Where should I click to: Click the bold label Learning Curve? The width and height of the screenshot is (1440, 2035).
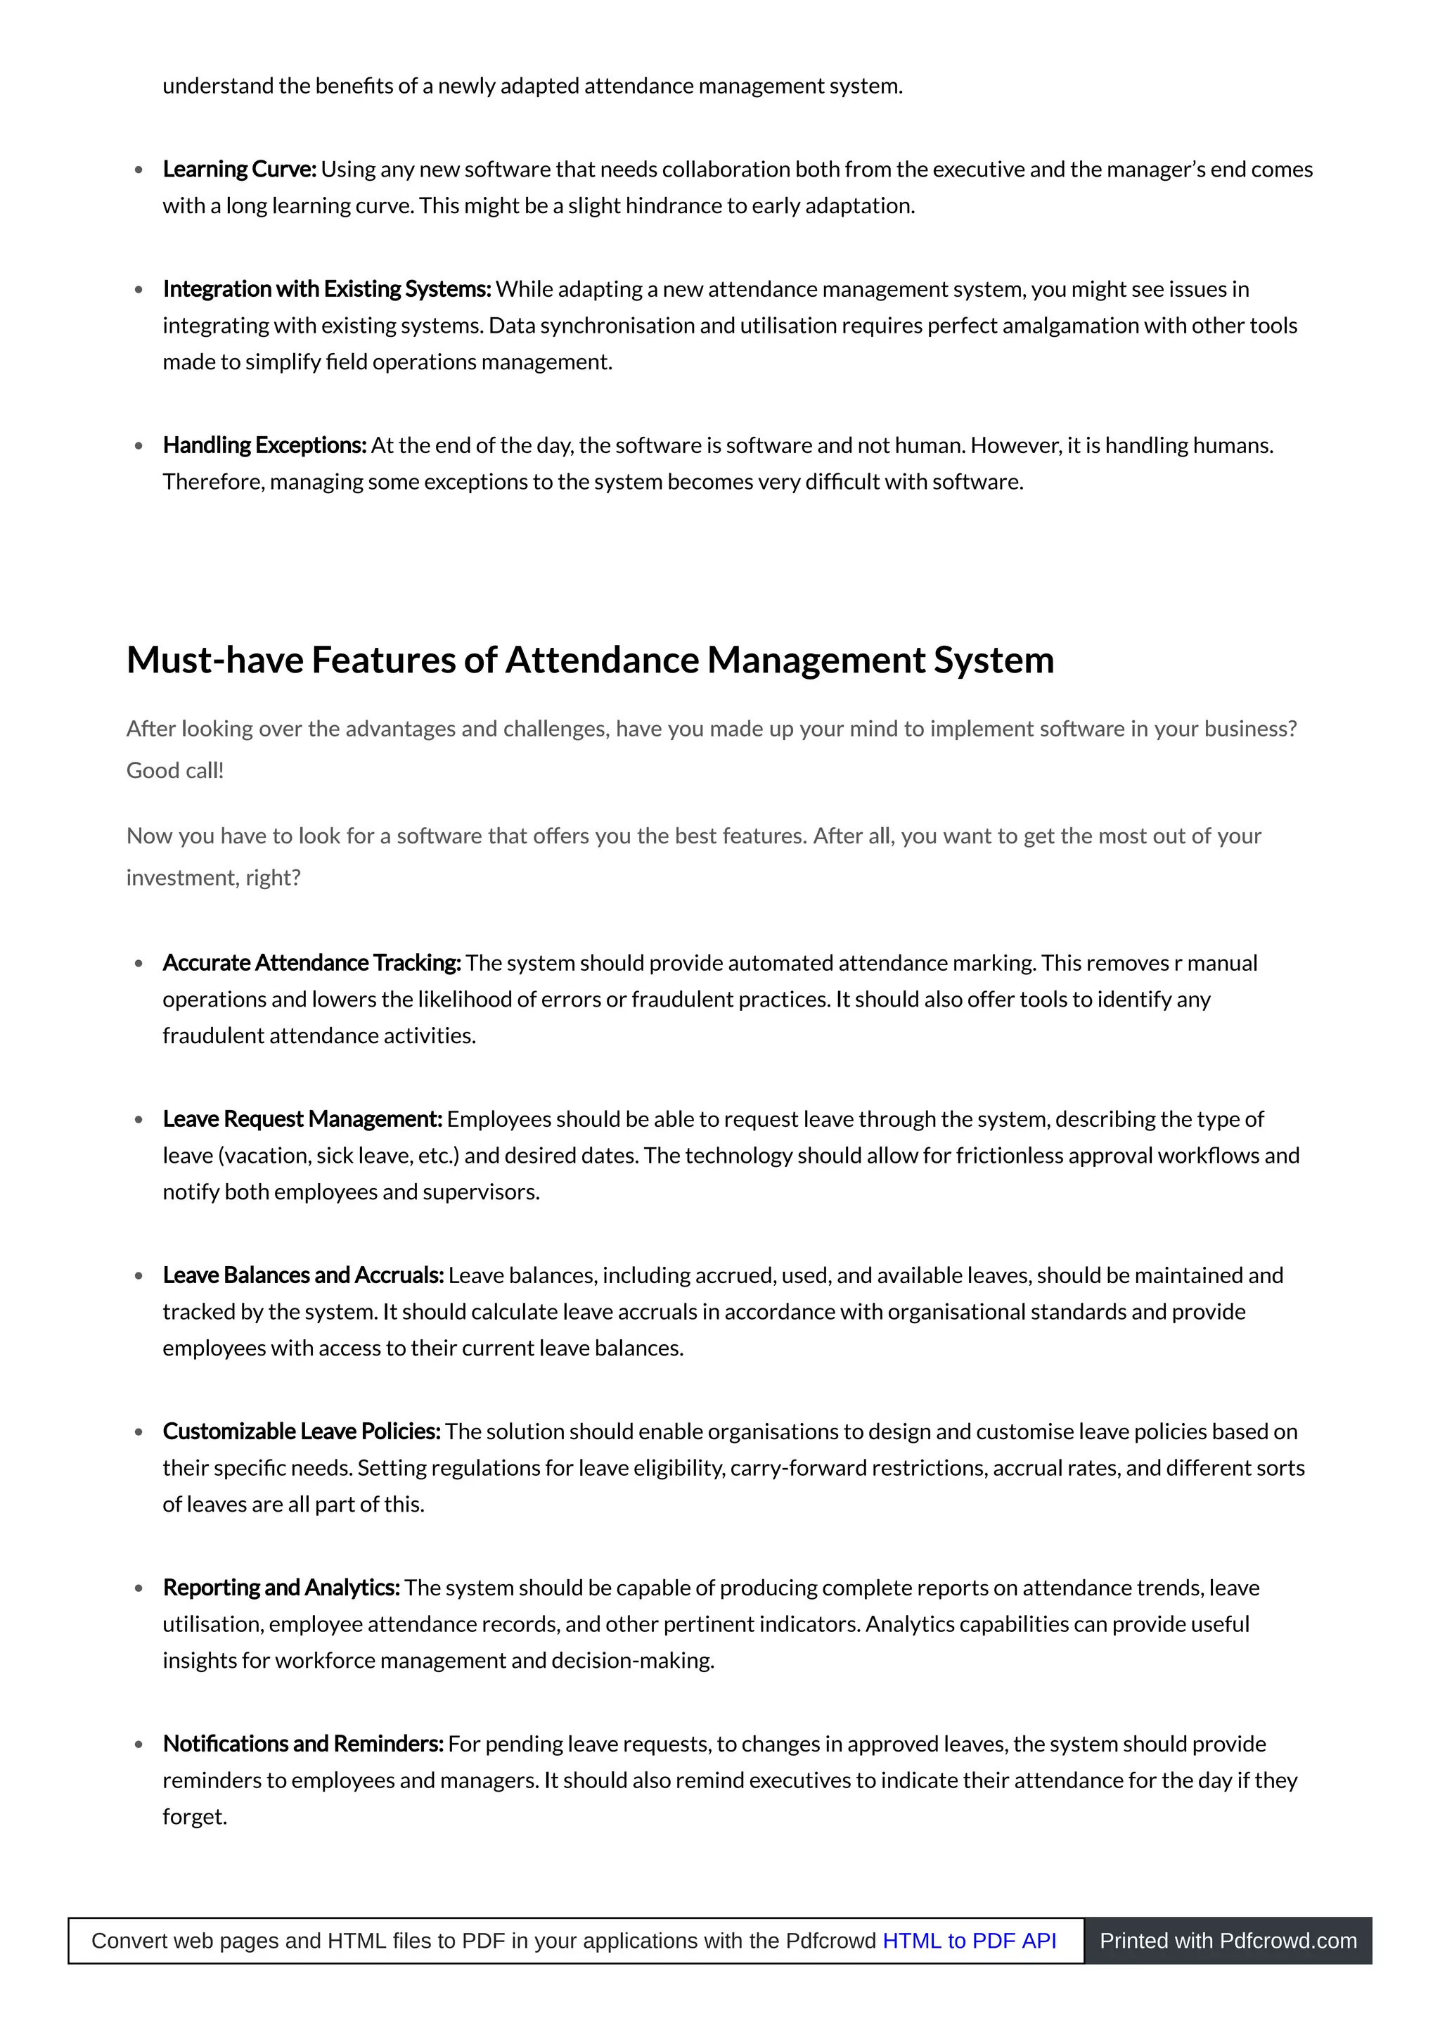point(239,170)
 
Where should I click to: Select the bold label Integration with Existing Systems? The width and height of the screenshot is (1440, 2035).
point(326,289)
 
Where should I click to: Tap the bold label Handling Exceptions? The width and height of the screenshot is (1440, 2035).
point(264,445)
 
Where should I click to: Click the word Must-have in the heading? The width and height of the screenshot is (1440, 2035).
point(214,661)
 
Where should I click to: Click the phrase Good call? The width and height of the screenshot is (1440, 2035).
point(174,771)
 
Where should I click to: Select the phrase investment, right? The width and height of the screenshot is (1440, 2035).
point(214,879)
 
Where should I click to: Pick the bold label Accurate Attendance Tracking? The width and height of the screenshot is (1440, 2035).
point(311,964)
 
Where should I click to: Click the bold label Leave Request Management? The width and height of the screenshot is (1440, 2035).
point(302,1120)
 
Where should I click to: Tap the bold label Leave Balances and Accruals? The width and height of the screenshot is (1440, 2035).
point(303,1275)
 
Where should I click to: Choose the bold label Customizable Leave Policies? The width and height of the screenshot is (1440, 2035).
point(302,1431)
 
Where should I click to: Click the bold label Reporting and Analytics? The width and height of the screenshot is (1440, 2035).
point(281,1588)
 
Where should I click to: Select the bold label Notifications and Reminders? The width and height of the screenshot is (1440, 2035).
point(303,1744)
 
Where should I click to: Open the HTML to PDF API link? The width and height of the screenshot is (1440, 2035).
point(969,1941)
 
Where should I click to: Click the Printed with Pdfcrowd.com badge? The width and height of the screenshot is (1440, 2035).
point(1228,1941)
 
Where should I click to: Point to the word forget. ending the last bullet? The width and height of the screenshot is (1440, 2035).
point(195,1817)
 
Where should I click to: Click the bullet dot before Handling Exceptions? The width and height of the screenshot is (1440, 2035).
point(139,446)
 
